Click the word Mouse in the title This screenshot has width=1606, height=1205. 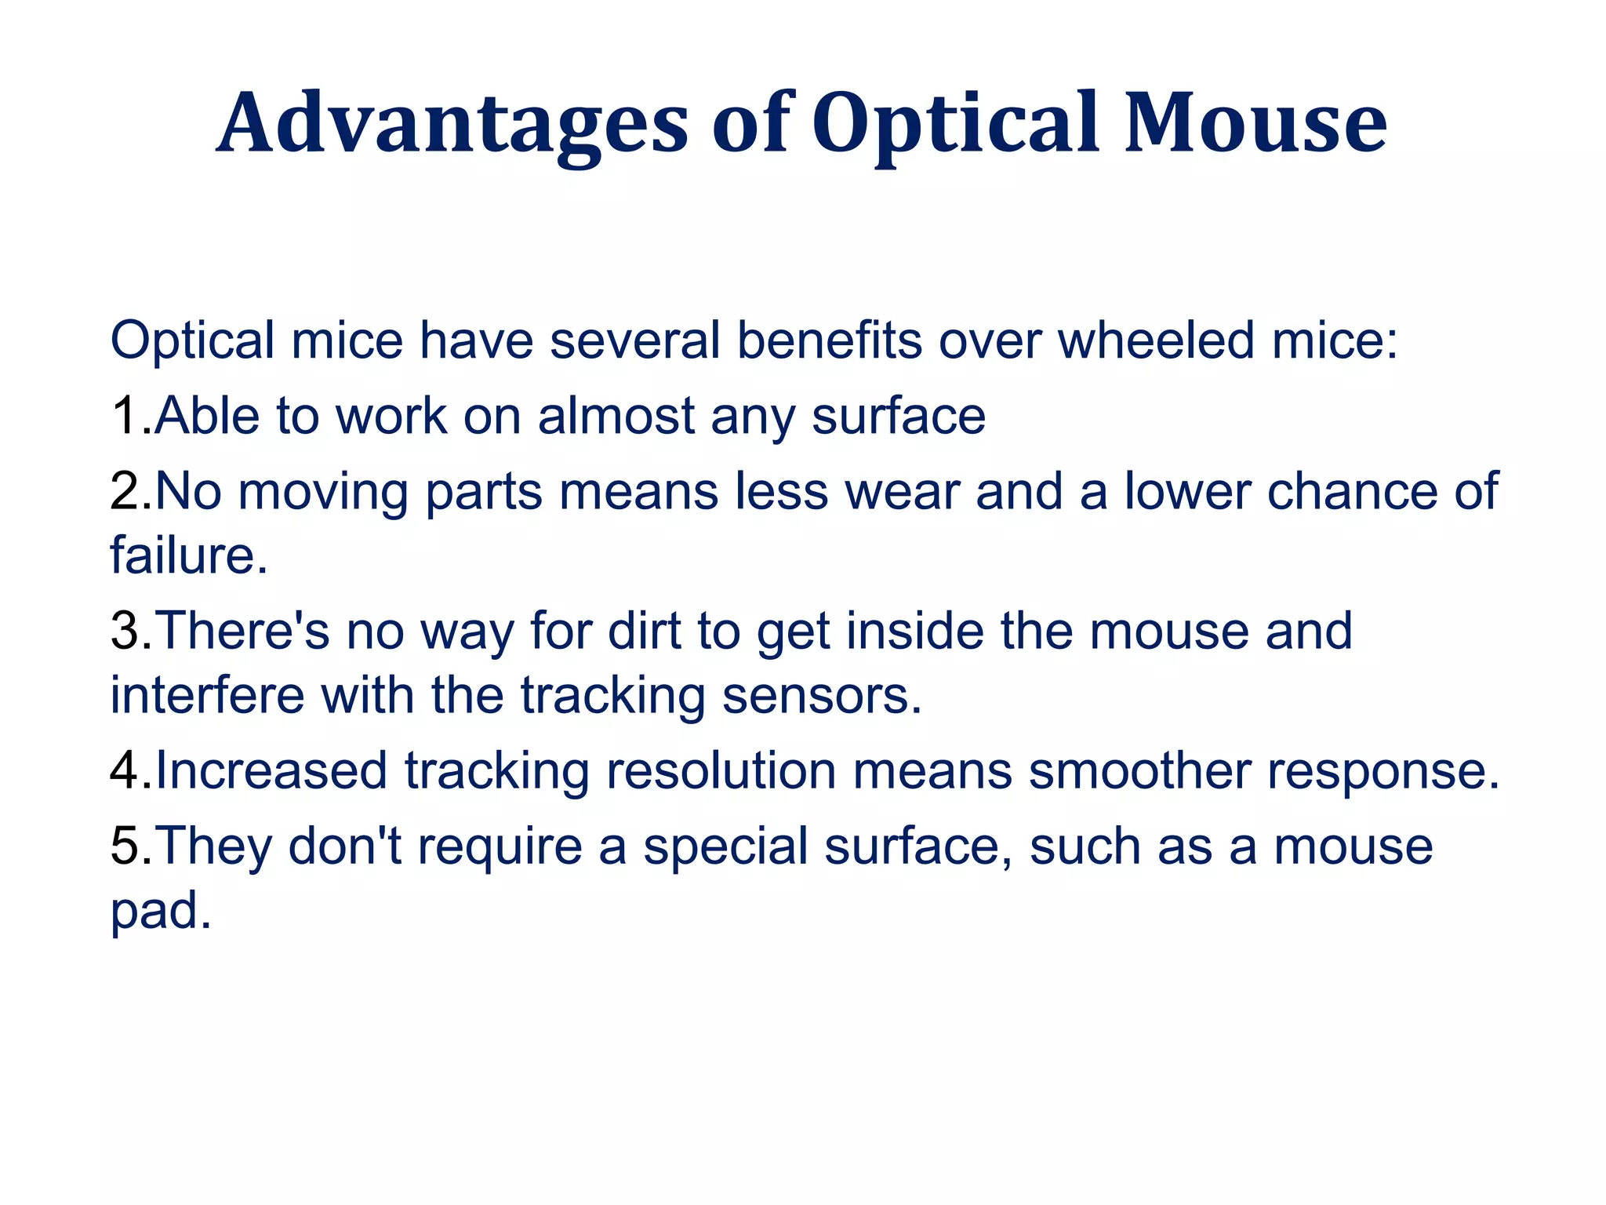(x=1255, y=124)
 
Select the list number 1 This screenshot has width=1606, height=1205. (x=125, y=416)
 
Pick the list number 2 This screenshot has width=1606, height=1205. (x=125, y=492)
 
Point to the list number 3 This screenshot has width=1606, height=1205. (x=125, y=631)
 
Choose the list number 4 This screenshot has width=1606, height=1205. (x=125, y=770)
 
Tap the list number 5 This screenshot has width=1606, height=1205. (x=125, y=846)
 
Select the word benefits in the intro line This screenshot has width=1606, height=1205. (x=829, y=341)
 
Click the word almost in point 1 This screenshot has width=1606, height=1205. (x=616, y=416)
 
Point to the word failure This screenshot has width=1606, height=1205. (x=188, y=555)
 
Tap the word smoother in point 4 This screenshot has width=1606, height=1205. (x=1139, y=770)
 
